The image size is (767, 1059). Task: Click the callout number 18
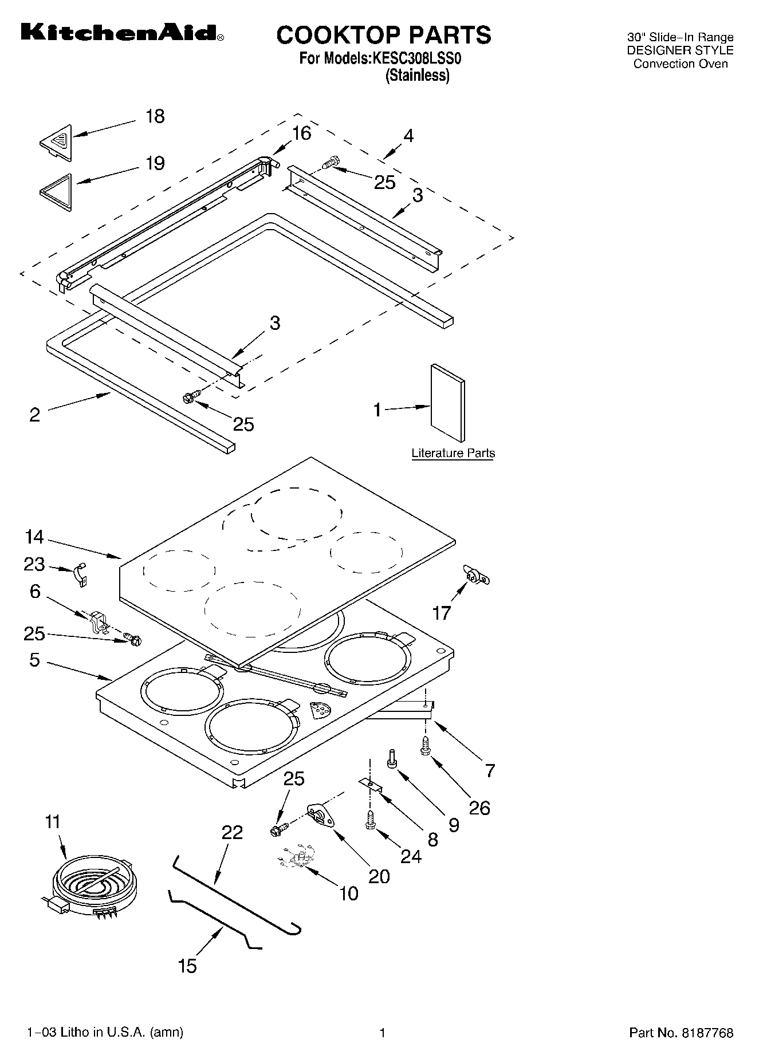tap(155, 116)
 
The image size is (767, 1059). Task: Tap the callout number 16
tap(301, 133)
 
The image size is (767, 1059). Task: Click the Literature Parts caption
tap(453, 454)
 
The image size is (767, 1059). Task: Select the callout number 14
tap(34, 537)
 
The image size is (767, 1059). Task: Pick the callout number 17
tap(441, 613)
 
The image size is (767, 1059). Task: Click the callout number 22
tap(232, 832)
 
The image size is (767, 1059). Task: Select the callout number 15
tap(187, 966)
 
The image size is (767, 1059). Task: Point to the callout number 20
tap(379, 876)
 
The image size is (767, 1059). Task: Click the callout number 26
tap(479, 808)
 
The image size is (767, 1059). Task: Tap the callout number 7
tap(490, 770)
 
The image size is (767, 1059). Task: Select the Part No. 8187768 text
tap(681, 1033)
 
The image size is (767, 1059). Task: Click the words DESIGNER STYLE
tap(679, 50)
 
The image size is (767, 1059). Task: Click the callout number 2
tap(34, 415)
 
